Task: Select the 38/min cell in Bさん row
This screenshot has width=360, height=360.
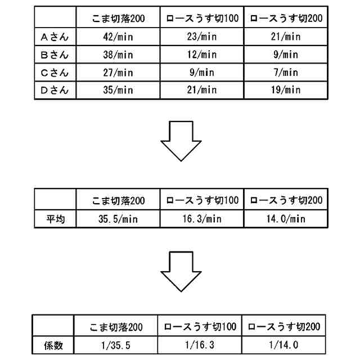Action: click(x=118, y=55)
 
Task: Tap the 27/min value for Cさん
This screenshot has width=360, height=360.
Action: click(x=118, y=72)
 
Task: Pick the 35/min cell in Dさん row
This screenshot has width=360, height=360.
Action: click(x=118, y=89)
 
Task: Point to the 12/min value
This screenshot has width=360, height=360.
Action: click(x=201, y=55)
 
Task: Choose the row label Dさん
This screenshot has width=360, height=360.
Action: click(x=55, y=89)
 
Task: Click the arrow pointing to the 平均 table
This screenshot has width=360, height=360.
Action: click(x=181, y=143)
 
